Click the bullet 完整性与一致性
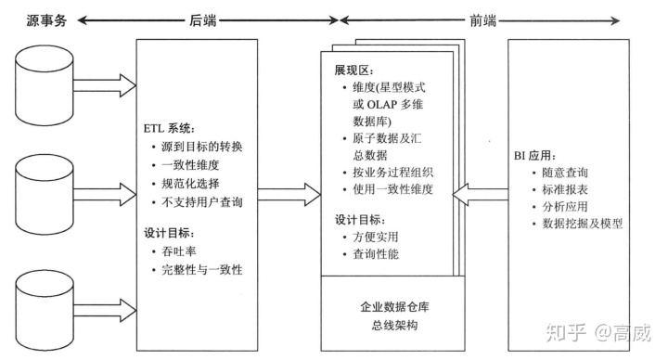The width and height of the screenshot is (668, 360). (197, 270)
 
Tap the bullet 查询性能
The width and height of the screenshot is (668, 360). (376, 253)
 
